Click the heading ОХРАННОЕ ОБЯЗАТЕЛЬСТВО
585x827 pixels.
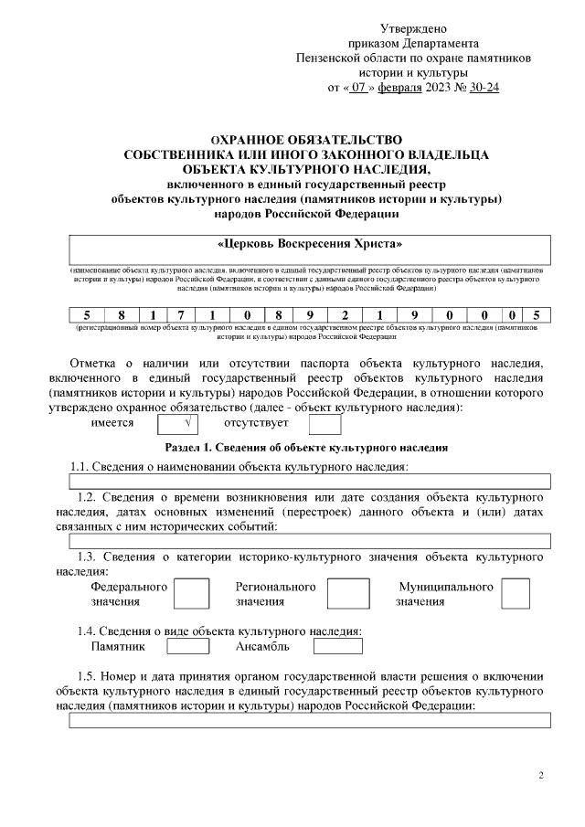[306, 140]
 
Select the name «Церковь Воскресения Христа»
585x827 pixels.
[310, 246]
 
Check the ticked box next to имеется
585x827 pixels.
[179, 424]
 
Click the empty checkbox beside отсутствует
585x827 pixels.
[324, 424]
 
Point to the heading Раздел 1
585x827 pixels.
[306, 448]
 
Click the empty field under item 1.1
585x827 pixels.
[310, 481]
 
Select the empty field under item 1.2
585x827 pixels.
[310, 541]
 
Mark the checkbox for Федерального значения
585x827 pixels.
[191, 594]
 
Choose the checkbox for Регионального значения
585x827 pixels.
[348, 594]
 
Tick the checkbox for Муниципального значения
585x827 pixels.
[516, 594]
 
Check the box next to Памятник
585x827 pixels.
[188, 647]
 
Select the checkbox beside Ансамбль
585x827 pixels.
[337, 647]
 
